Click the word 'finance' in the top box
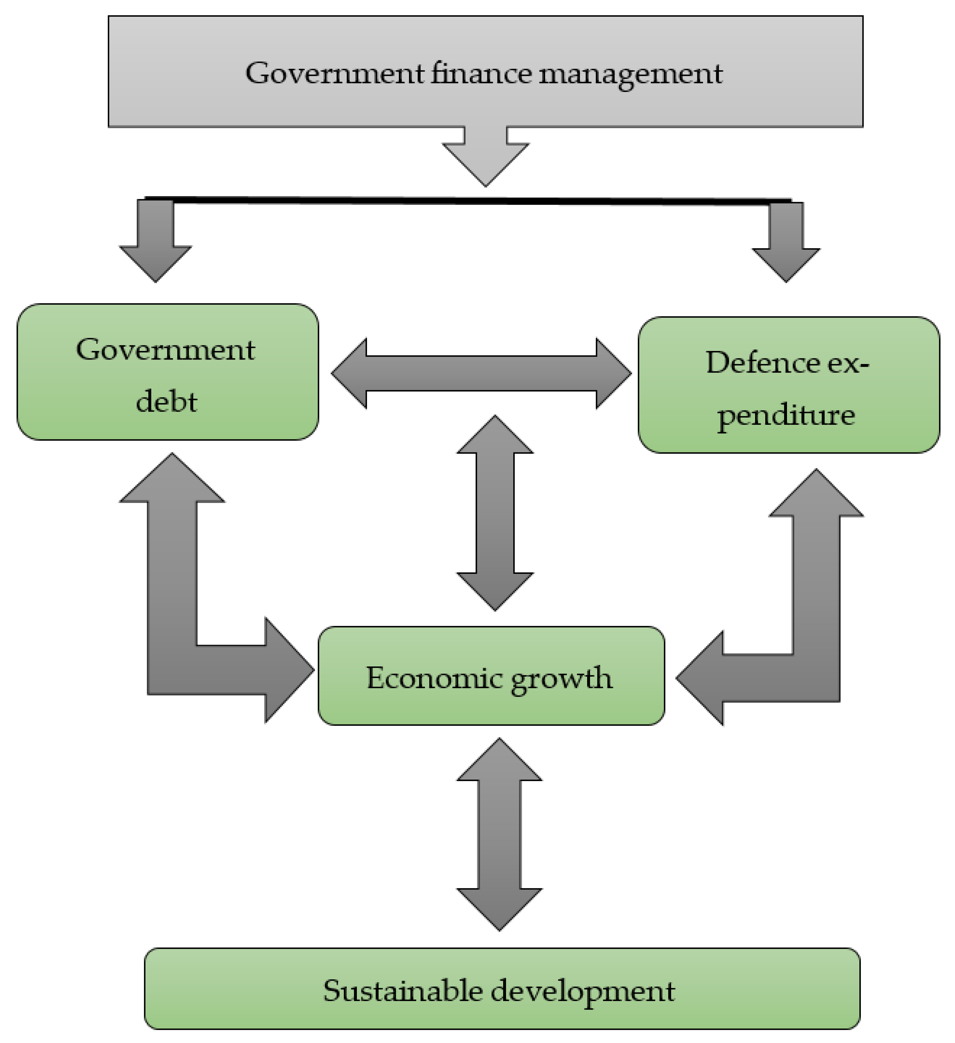481,74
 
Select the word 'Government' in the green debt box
166,350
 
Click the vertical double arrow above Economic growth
495,513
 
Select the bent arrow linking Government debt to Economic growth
172,621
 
